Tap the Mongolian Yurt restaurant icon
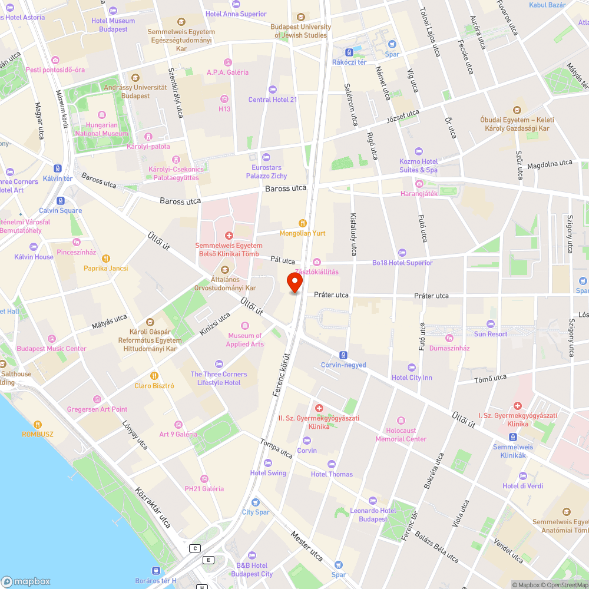pos(303,223)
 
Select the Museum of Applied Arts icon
pos(245,326)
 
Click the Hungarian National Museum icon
pos(102,114)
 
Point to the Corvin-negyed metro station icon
pos(343,355)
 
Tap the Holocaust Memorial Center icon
pos(401,421)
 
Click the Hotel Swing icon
pos(268,463)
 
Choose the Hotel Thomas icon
pos(332,464)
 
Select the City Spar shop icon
pos(255,502)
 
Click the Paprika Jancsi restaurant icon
pos(106,258)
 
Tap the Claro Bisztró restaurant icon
pos(154,376)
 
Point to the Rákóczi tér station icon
pos(349,52)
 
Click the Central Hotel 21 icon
pos(272,90)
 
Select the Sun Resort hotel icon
pos(491,324)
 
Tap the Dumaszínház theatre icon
pos(449,338)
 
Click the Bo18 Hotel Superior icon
pos(402,253)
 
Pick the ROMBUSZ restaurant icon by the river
pos(38,424)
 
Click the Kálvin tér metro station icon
pos(57,168)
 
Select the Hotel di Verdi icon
pos(522,476)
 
